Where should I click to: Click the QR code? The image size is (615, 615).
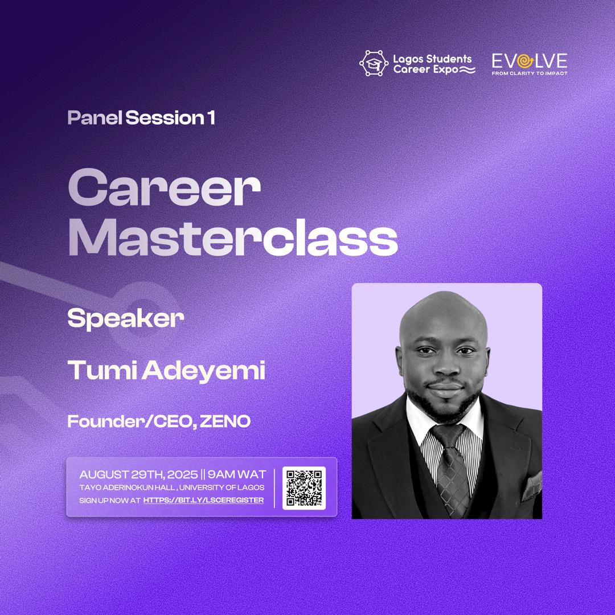pos(304,488)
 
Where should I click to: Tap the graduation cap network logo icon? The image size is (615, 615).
pos(374,63)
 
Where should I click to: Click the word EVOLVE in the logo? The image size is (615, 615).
pos(530,61)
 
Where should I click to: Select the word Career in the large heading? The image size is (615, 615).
pos(164,190)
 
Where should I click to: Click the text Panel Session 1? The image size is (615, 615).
pos(141,118)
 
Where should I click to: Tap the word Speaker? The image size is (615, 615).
pos(125,319)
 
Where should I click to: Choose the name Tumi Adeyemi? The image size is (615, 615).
pos(166,371)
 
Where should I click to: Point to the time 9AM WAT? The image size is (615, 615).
pos(233,474)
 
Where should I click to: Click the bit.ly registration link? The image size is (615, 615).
pos(203,500)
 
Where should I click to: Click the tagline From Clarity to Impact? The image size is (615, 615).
pos(530,73)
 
